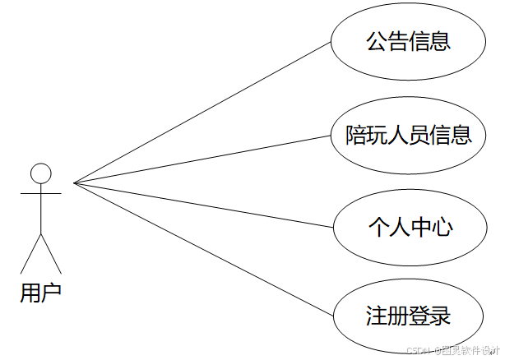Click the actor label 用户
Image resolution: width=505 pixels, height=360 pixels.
[x=40, y=293]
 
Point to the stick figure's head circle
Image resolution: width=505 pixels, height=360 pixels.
[x=40, y=173]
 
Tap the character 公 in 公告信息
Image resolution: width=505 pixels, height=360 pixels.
[x=378, y=41]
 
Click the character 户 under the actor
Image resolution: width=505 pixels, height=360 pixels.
[x=51, y=293]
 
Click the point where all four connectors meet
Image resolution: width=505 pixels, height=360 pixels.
[x=74, y=182]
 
